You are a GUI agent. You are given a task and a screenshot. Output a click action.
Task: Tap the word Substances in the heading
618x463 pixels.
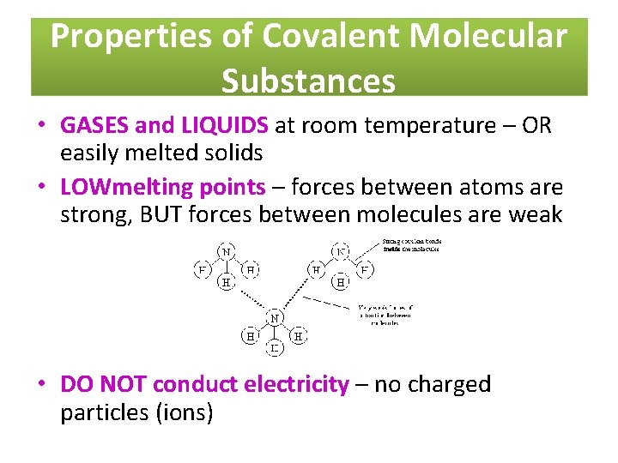308,81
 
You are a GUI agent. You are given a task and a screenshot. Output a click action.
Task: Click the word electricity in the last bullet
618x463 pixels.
297,384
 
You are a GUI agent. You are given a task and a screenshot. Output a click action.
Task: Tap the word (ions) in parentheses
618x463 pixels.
187,412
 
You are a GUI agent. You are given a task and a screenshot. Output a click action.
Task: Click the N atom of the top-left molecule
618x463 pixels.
227,252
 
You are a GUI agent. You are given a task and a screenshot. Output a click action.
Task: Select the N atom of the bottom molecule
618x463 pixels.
275,318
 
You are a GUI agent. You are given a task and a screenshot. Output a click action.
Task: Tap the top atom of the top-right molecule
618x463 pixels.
341,252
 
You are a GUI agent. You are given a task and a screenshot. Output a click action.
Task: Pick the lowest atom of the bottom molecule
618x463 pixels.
275,348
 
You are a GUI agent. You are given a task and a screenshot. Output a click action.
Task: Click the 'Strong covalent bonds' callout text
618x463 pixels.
409,245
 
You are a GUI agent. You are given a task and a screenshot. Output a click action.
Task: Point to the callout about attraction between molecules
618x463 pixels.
385,315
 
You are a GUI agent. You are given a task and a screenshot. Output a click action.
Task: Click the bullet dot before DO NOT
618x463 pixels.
41,385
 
